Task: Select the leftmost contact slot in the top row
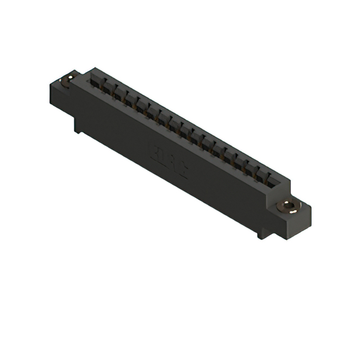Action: click(97, 81)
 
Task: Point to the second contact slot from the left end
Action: click(108, 87)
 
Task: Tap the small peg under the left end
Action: click(78, 127)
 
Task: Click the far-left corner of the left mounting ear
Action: click(51, 83)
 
